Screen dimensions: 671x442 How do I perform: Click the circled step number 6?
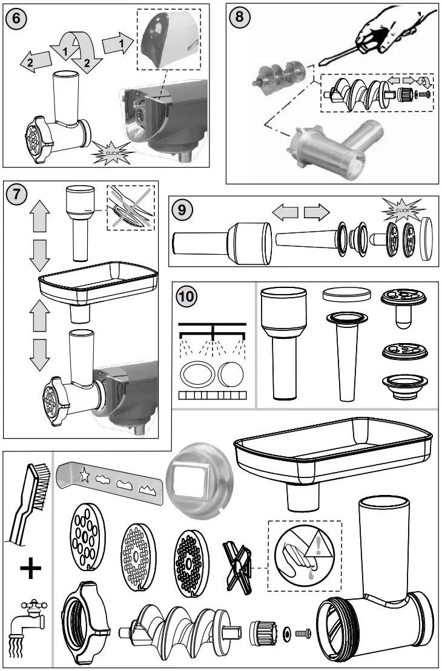[x=16, y=18]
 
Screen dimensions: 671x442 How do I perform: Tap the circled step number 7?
[x=16, y=195]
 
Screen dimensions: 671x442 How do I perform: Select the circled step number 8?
[x=239, y=17]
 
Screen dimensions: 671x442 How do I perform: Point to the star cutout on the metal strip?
[x=84, y=475]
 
